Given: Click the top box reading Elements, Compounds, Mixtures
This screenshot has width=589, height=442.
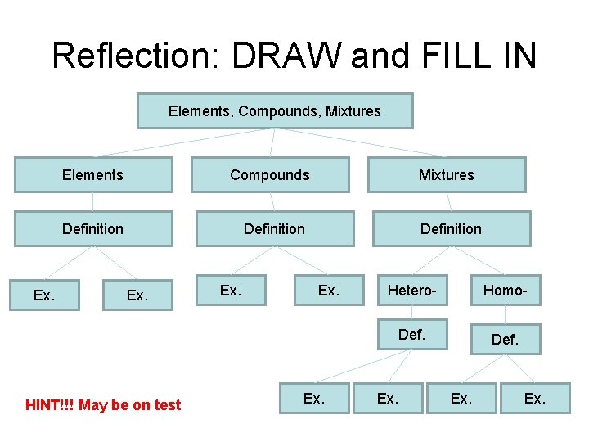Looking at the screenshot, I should point(275,111).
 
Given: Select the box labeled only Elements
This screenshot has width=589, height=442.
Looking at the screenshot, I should point(92,175).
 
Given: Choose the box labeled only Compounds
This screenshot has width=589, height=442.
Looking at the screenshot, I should point(270,175).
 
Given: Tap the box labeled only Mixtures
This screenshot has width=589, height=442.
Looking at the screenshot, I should point(447,175).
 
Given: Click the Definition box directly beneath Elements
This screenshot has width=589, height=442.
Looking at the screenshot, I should point(92,229).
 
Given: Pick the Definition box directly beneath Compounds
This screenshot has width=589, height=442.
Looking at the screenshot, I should point(274,229).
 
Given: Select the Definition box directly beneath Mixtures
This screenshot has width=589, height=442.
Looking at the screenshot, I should point(451,229).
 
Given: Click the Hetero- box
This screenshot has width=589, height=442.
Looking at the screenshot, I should point(411,291).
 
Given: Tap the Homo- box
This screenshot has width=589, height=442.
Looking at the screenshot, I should point(505,291).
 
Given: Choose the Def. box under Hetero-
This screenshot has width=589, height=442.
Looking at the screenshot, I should point(411,334).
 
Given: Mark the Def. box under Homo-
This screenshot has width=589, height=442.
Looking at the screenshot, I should point(505,339).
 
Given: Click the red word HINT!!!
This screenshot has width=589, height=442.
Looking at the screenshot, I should point(50,405).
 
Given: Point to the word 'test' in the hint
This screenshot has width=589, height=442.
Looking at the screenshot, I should point(167,405).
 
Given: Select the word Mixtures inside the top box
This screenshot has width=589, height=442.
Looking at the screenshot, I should point(353,111).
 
